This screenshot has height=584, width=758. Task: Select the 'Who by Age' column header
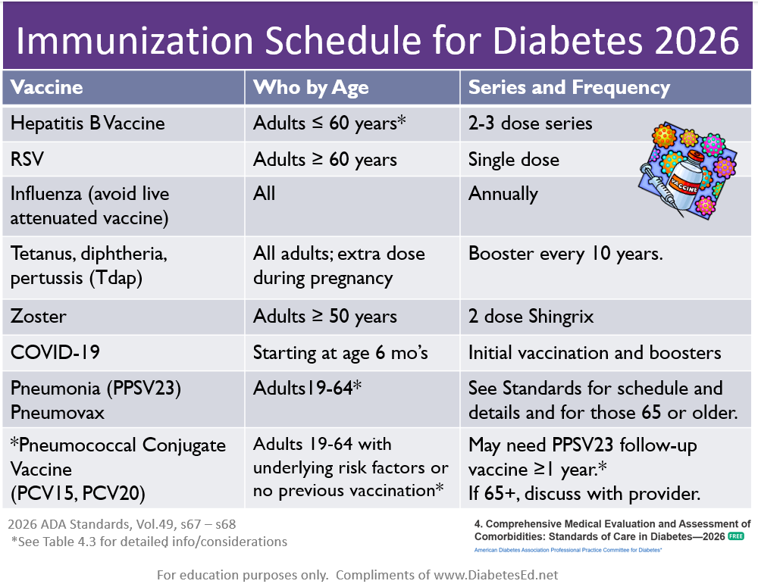coord(311,87)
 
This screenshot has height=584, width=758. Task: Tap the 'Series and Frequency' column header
coord(569,87)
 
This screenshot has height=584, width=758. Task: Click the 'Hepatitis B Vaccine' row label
coord(87,123)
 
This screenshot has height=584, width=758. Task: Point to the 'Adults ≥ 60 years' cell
coord(324,159)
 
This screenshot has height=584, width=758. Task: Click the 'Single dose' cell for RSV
coord(513,159)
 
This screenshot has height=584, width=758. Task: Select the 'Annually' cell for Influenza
coord(503,194)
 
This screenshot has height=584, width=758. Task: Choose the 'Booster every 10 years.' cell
coord(565,254)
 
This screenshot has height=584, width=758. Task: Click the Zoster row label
coord(37,317)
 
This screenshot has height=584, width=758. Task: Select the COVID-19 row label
coord(55,353)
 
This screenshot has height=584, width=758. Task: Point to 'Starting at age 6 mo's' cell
coord(340,353)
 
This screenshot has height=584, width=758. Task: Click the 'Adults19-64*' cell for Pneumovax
coord(307,389)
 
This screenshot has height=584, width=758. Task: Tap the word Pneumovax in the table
coord(58,413)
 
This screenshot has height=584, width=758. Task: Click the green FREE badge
coord(735,536)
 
